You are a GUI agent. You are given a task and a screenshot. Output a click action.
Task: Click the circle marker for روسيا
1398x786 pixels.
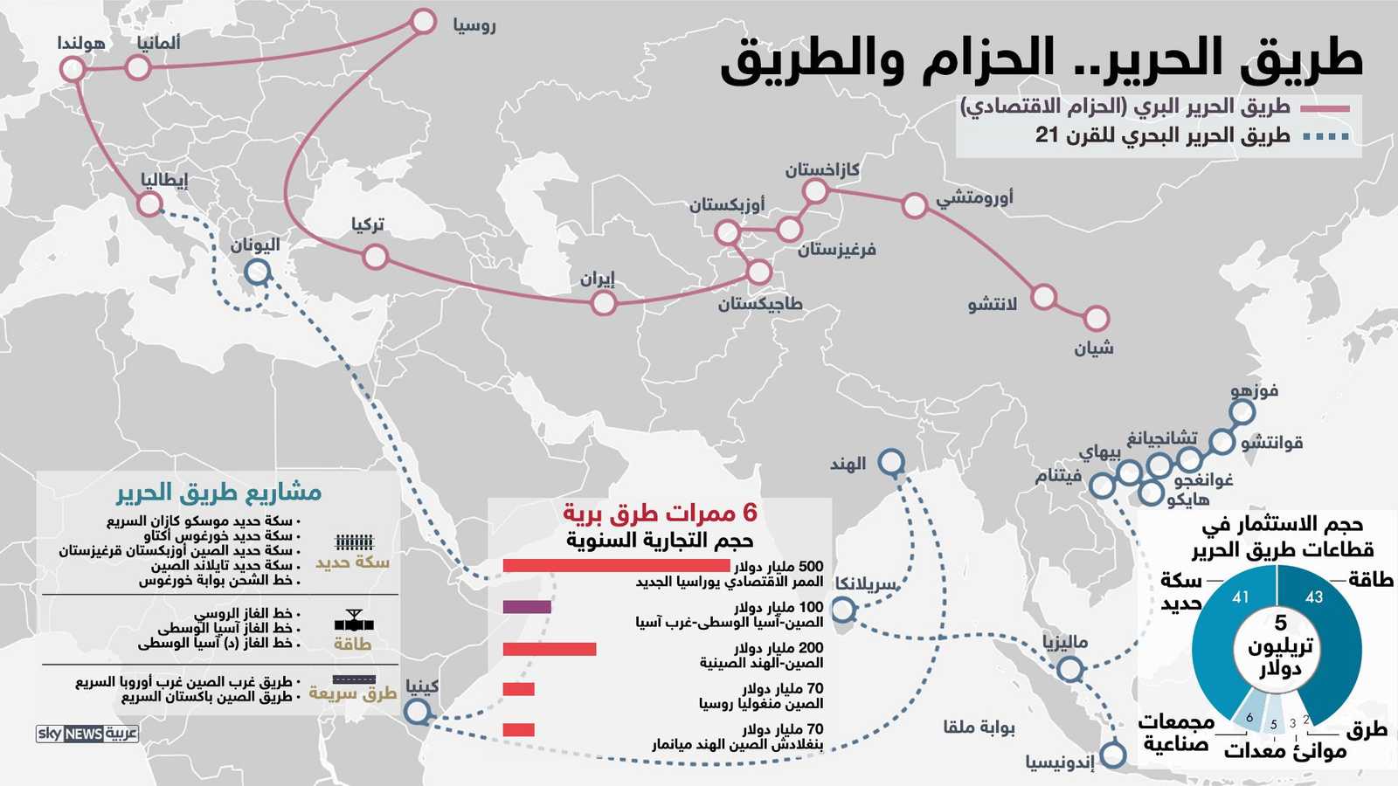(x=423, y=22)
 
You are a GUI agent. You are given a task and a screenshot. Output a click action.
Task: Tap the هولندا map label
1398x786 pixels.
(x=81, y=43)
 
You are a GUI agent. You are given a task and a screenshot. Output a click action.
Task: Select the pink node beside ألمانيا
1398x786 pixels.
(x=138, y=67)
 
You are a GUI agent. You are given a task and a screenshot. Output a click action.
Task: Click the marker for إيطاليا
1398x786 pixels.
(x=150, y=204)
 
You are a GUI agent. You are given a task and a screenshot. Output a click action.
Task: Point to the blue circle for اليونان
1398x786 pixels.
(x=257, y=272)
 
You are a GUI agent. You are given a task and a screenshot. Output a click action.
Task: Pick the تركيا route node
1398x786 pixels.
(x=375, y=256)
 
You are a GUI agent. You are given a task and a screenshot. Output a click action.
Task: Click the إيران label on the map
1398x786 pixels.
(x=598, y=279)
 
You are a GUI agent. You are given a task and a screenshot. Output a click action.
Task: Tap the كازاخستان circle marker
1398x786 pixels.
(x=815, y=190)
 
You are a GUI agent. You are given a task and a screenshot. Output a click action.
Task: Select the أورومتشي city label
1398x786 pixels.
(x=974, y=197)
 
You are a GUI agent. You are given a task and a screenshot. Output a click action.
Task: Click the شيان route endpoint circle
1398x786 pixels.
(x=1097, y=319)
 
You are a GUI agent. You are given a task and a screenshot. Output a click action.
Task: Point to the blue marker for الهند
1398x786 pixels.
(x=891, y=462)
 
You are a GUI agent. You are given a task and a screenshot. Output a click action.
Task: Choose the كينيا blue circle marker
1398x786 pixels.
(x=418, y=712)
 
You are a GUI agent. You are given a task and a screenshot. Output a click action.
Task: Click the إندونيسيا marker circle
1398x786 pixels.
(x=1113, y=755)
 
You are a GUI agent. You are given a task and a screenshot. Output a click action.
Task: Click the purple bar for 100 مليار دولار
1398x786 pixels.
(x=527, y=607)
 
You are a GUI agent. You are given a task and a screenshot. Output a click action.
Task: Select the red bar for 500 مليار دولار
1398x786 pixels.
(x=616, y=566)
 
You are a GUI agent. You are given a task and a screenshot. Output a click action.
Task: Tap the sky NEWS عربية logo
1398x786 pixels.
(x=87, y=734)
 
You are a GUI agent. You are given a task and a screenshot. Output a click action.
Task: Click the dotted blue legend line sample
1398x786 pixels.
(x=1325, y=136)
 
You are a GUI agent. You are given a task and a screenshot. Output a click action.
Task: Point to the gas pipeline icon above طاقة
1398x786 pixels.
(x=354, y=622)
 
